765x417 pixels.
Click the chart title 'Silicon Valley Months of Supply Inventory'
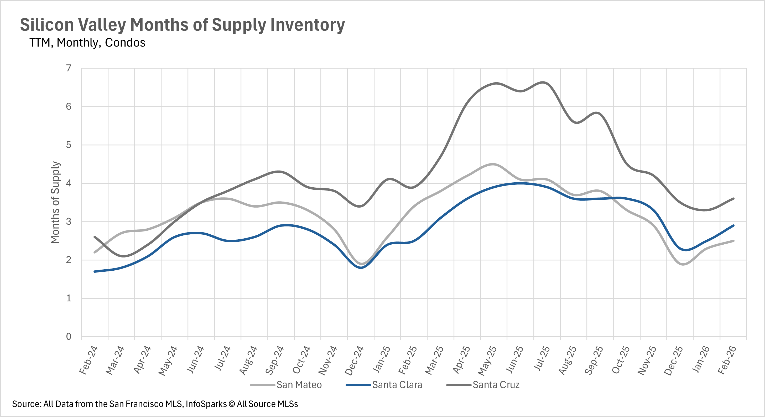coord(182,25)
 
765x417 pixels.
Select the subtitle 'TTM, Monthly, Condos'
coord(87,43)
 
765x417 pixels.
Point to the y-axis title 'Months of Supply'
coord(55,202)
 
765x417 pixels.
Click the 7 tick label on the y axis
coord(69,68)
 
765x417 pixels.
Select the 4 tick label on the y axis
coord(69,183)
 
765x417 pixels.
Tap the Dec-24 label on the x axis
coord(354,360)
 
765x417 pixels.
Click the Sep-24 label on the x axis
coord(275,360)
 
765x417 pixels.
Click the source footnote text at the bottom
coord(155,404)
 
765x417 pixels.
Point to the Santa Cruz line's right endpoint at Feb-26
coord(733,199)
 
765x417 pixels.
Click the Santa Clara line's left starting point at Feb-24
coord(95,271)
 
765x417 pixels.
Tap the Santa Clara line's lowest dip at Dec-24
coord(361,267)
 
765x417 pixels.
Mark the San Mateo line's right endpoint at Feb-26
coord(733,241)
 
